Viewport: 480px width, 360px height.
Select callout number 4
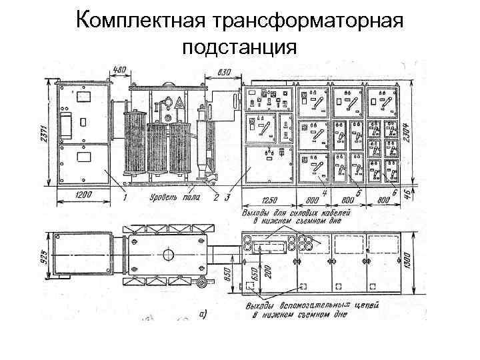pos(325,193)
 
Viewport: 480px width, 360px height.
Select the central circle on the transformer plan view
pos(167,255)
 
